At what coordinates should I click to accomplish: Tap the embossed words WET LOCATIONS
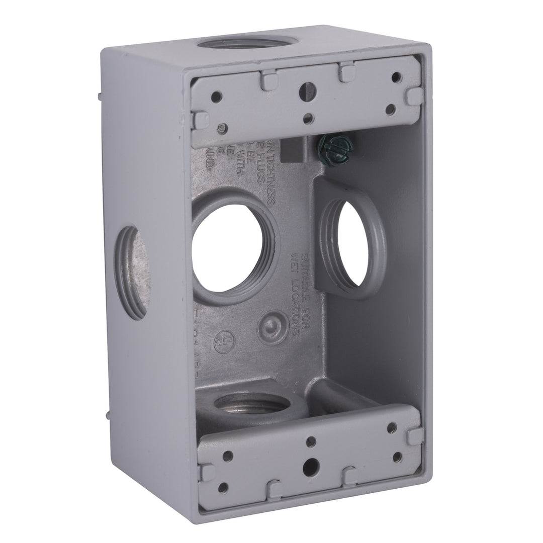[x=302, y=297]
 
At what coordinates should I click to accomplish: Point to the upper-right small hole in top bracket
[x=396, y=76]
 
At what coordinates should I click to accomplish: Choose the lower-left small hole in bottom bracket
[x=223, y=487]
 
